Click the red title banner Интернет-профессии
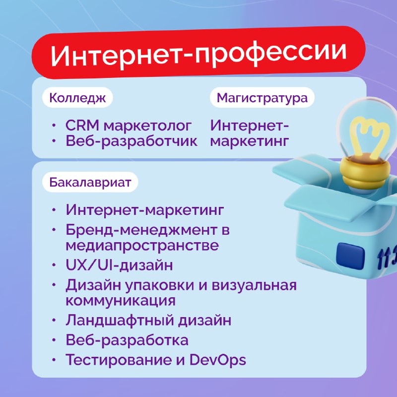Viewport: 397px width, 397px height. point(198,53)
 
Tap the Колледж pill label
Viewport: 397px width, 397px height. point(77,97)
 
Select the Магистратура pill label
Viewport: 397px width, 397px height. point(262,97)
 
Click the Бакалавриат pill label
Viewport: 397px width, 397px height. point(90,182)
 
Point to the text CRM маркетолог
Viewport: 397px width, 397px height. point(129,126)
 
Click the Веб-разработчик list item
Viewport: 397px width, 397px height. point(132,141)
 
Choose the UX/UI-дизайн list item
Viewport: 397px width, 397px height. point(119,265)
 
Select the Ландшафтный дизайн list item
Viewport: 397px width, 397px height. point(148,320)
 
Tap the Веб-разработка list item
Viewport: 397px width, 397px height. point(127,340)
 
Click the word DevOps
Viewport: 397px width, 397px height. point(217,360)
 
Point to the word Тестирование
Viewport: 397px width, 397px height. point(119,360)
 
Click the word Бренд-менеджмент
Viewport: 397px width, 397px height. point(141,230)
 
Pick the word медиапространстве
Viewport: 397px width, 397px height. point(142,246)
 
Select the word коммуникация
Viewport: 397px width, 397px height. point(121,301)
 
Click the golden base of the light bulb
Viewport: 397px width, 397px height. point(365,172)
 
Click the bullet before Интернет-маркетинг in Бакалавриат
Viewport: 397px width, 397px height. point(54,210)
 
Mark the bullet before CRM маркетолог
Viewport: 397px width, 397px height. point(54,125)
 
